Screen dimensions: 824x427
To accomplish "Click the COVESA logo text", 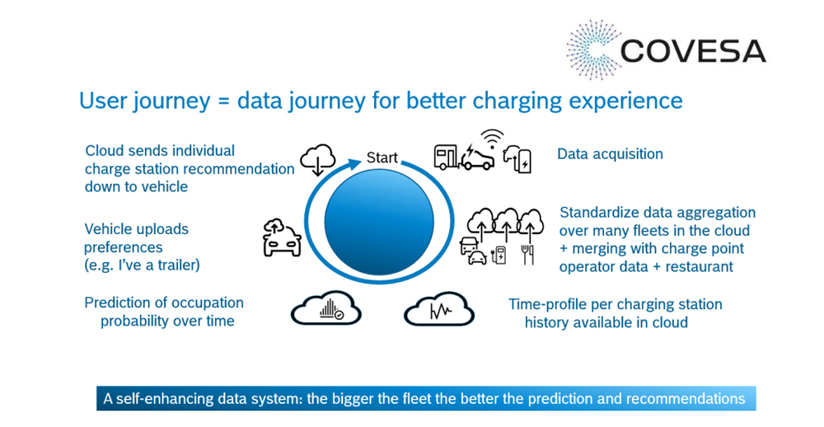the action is [693, 51].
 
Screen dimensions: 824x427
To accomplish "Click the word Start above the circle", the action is [382, 157].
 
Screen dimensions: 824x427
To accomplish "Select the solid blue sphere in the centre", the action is [379, 223].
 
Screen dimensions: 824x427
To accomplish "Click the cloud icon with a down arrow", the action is [317, 160].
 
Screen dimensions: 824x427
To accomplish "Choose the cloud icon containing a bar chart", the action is [325, 308].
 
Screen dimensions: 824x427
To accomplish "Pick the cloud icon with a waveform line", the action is [439, 309].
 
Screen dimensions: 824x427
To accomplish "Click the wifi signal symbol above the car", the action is [493, 139].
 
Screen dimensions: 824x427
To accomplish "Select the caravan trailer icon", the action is [446, 157].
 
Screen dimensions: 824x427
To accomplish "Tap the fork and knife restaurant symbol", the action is [527, 255].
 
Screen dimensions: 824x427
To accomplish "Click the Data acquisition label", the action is [610, 154].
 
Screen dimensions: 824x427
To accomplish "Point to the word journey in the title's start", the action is [171, 101].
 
